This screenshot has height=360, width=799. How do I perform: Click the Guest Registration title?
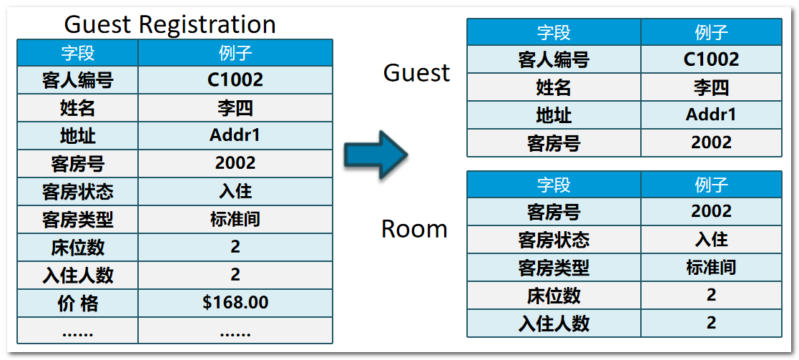170,24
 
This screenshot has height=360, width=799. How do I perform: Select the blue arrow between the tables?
375,153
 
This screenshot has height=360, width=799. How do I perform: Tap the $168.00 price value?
235,303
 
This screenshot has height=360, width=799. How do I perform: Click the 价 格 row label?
77,303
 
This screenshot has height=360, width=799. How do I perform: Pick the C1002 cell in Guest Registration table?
235,80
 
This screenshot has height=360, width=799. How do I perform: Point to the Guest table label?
416,72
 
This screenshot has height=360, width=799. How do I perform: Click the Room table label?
414,229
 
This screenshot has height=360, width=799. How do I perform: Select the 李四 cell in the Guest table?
711,87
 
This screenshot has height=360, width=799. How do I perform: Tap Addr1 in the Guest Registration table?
235,135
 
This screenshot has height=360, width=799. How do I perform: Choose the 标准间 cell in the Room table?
711,267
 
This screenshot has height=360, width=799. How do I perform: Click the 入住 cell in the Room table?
711,239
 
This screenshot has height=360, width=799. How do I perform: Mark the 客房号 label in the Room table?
553,211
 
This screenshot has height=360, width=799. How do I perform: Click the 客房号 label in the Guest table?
553,143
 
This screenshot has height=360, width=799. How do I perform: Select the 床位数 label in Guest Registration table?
77,247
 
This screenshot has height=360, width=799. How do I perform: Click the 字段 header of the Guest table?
553,32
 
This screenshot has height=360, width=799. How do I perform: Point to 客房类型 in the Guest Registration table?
77,219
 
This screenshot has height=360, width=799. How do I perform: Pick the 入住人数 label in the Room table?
553,323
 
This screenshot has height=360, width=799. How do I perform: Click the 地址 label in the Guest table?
553,115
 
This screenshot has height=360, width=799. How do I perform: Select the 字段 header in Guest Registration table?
77,53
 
